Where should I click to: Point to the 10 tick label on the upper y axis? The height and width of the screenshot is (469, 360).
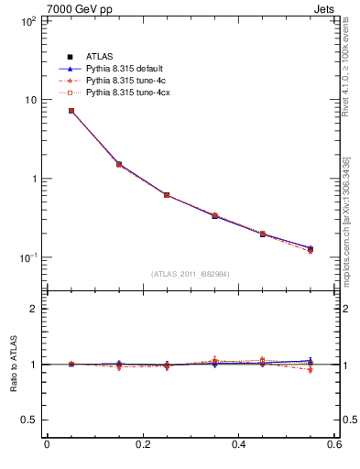[x=29, y=100]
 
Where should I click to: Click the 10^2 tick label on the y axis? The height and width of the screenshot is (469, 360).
[x=27, y=20]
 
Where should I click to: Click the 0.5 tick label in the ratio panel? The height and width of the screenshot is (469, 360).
[x=27, y=420]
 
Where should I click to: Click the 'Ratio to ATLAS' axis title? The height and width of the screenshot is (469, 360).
[x=11, y=365]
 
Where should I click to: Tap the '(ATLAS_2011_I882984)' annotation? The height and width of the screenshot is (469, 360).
[x=190, y=274]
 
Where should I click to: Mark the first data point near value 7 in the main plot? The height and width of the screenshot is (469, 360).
[x=71, y=111]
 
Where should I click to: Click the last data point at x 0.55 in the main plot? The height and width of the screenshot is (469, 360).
[x=310, y=249]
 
